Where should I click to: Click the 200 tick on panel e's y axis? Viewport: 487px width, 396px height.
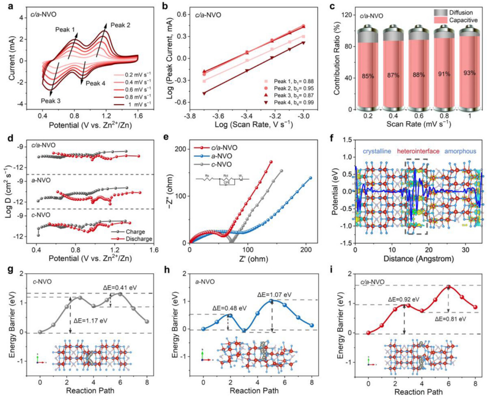(180, 149)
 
